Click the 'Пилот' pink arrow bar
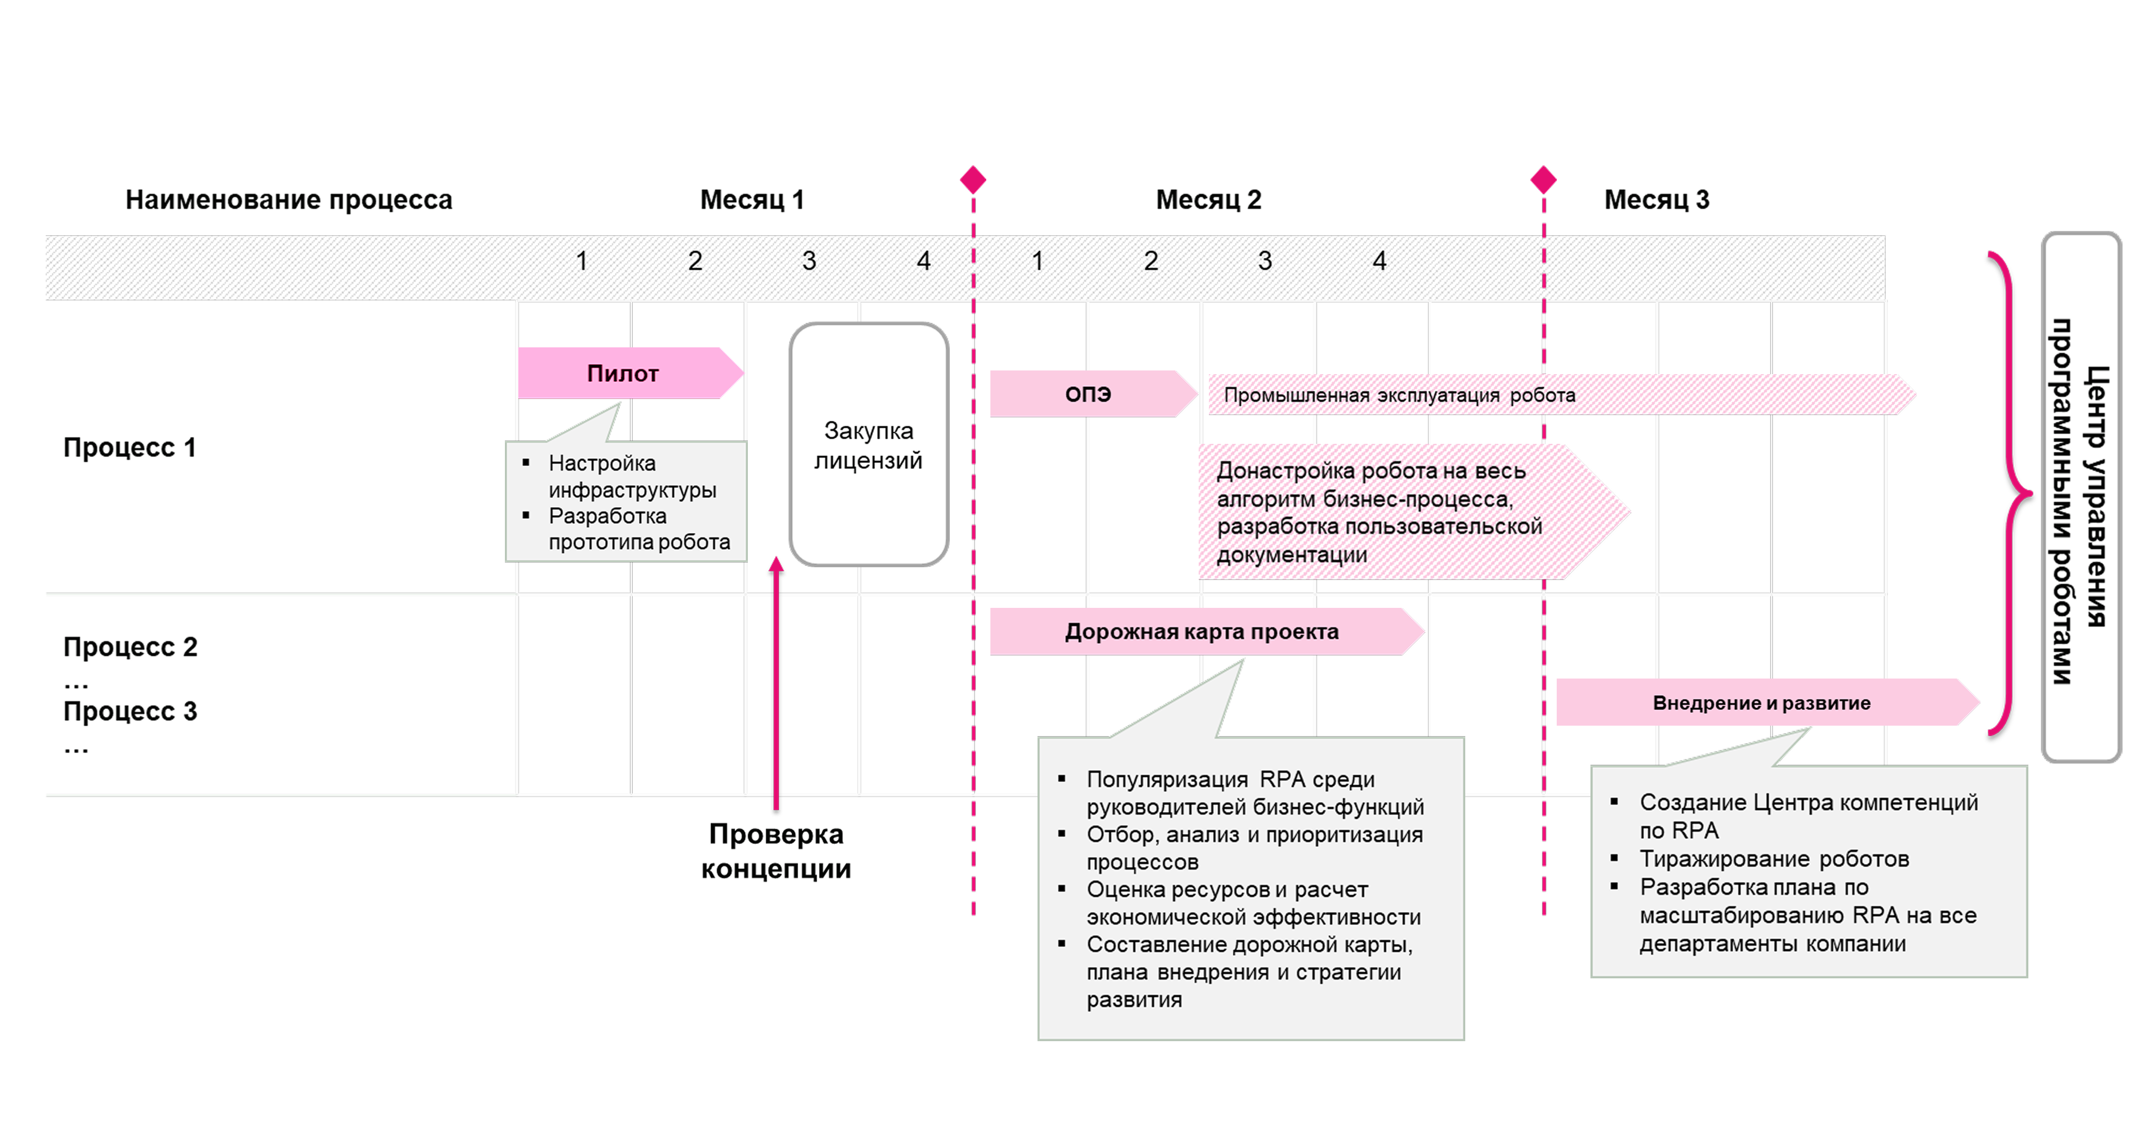[630, 373]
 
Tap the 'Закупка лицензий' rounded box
[869, 445]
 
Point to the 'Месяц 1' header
[752, 200]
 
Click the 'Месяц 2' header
[1208, 200]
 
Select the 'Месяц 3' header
[1657, 200]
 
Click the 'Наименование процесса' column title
[289, 200]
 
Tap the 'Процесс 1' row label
[130, 447]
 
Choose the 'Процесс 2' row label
[131, 647]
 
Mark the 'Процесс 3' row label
[131, 711]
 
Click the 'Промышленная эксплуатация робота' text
[1400, 395]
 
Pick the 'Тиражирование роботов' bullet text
[1774, 859]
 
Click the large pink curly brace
[2011, 494]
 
